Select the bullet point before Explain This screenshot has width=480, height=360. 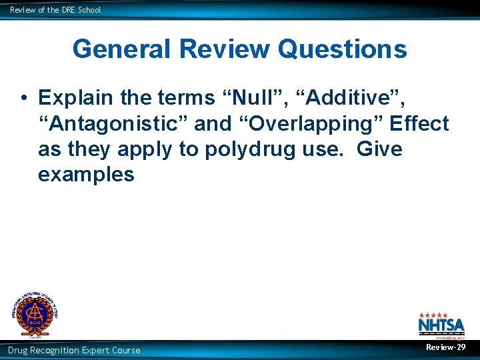pos(23,98)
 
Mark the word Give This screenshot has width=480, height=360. pos(380,149)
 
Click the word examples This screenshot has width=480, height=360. pos(86,175)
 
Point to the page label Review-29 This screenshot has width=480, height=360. pos(446,347)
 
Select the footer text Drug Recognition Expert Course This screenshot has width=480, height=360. pos(74,350)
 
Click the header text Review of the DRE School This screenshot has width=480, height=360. pos(55,10)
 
